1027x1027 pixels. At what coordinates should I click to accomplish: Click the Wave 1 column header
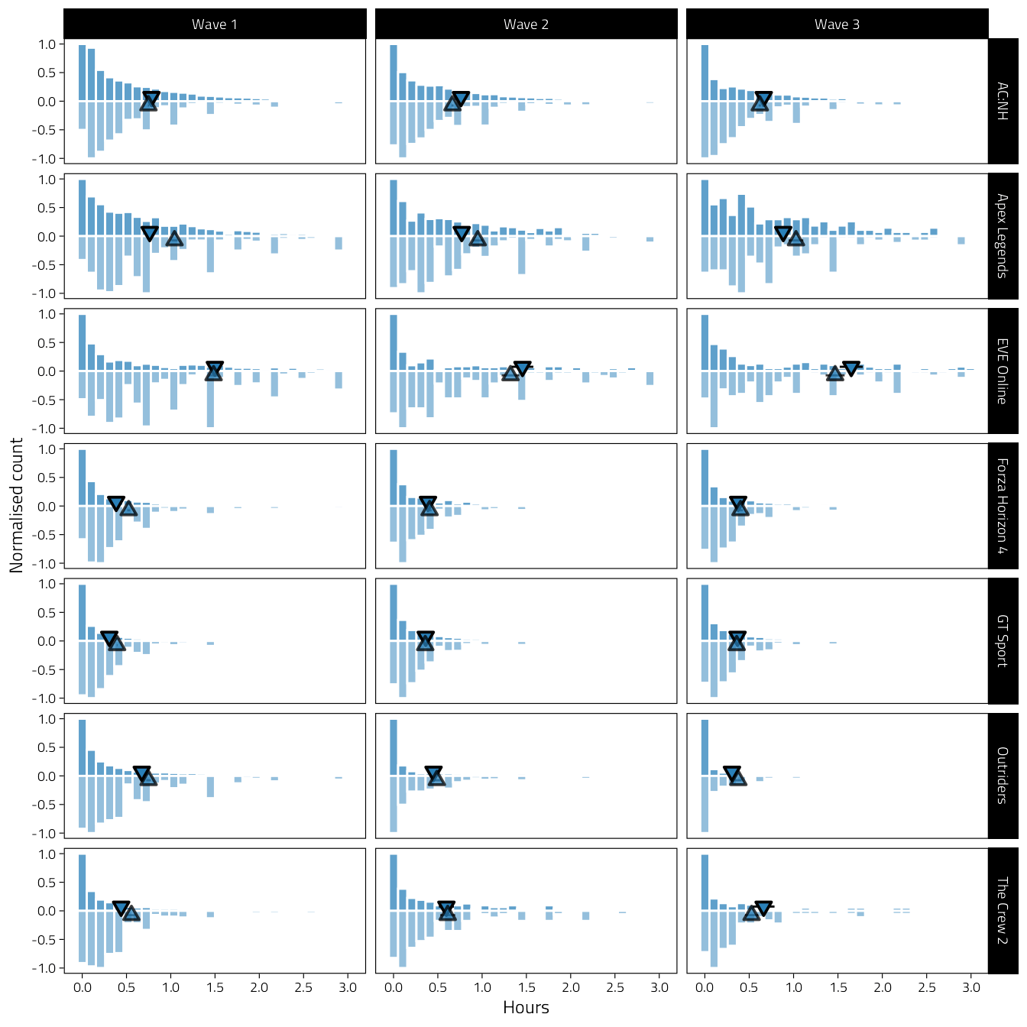click(215, 24)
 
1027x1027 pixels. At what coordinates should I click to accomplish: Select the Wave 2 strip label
click(526, 24)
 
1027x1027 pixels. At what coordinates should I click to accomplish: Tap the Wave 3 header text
click(837, 24)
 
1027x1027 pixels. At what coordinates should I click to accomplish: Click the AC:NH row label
click(1003, 101)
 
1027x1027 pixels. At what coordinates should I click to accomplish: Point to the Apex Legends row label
click(1003, 236)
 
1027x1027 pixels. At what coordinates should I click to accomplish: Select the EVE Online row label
click(1003, 371)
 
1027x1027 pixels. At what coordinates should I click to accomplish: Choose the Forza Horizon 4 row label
click(1003, 506)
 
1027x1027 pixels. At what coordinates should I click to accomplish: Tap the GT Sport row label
click(1003, 640)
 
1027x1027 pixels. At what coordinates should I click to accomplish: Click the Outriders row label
click(1003, 776)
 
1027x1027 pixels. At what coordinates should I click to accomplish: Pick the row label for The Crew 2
click(1003, 910)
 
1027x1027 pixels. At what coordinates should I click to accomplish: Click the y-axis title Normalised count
click(17, 506)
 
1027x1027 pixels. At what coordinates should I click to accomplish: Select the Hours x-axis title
click(526, 1008)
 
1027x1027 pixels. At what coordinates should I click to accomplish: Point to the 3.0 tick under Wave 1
click(348, 987)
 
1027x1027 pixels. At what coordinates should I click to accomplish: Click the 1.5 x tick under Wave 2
click(526, 987)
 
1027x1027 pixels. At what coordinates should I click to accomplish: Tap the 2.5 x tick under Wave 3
click(926, 987)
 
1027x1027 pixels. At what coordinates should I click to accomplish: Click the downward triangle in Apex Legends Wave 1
click(150, 233)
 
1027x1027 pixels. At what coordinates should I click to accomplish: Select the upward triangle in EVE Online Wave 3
click(835, 373)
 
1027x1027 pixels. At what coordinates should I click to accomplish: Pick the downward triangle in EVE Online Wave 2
click(523, 368)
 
